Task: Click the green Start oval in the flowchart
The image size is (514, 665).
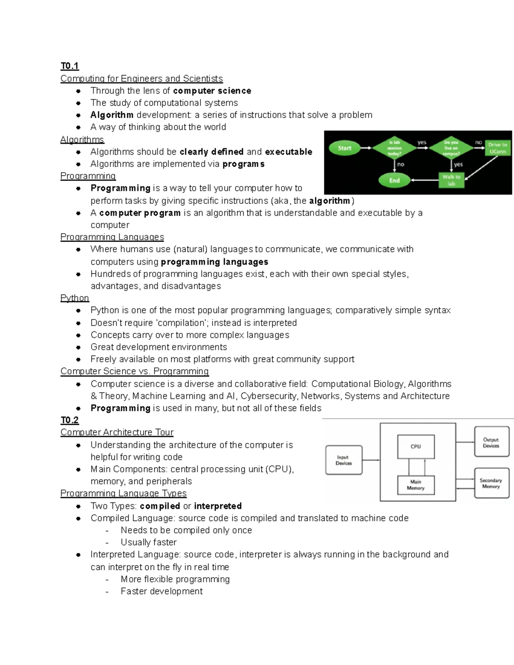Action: pyautogui.click(x=344, y=148)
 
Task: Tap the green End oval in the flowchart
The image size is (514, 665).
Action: pyautogui.click(x=394, y=180)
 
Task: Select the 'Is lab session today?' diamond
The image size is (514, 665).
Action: pyautogui.click(x=394, y=148)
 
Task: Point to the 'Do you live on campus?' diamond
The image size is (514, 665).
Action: pyautogui.click(x=451, y=148)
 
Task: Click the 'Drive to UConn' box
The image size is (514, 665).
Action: pyautogui.click(x=497, y=148)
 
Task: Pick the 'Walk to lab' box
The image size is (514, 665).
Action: pyautogui.click(x=451, y=180)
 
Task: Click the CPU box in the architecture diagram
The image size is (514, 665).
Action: pyautogui.click(x=415, y=447)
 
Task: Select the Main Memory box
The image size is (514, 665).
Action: pyautogui.click(x=415, y=485)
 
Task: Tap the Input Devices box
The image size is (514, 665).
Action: pyautogui.click(x=344, y=460)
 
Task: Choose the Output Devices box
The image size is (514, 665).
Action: pyautogui.click(x=491, y=443)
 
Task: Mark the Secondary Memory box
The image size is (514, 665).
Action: pyautogui.click(x=491, y=483)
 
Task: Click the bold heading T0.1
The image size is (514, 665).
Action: pyautogui.click(x=69, y=66)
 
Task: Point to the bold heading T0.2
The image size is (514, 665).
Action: pyautogui.click(x=69, y=420)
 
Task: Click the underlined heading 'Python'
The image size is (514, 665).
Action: pyautogui.click(x=75, y=298)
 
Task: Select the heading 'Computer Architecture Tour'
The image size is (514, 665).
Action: pyautogui.click(x=117, y=432)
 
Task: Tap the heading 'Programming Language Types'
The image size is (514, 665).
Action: pyautogui.click(x=123, y=493)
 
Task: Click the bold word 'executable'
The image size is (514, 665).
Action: pyautogui.click(x=289, y=152)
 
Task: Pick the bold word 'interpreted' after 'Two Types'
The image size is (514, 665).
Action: pyautogui.click(x=218, y=506)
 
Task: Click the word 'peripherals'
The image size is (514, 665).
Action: pyautogui.click(x=169, y=481)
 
